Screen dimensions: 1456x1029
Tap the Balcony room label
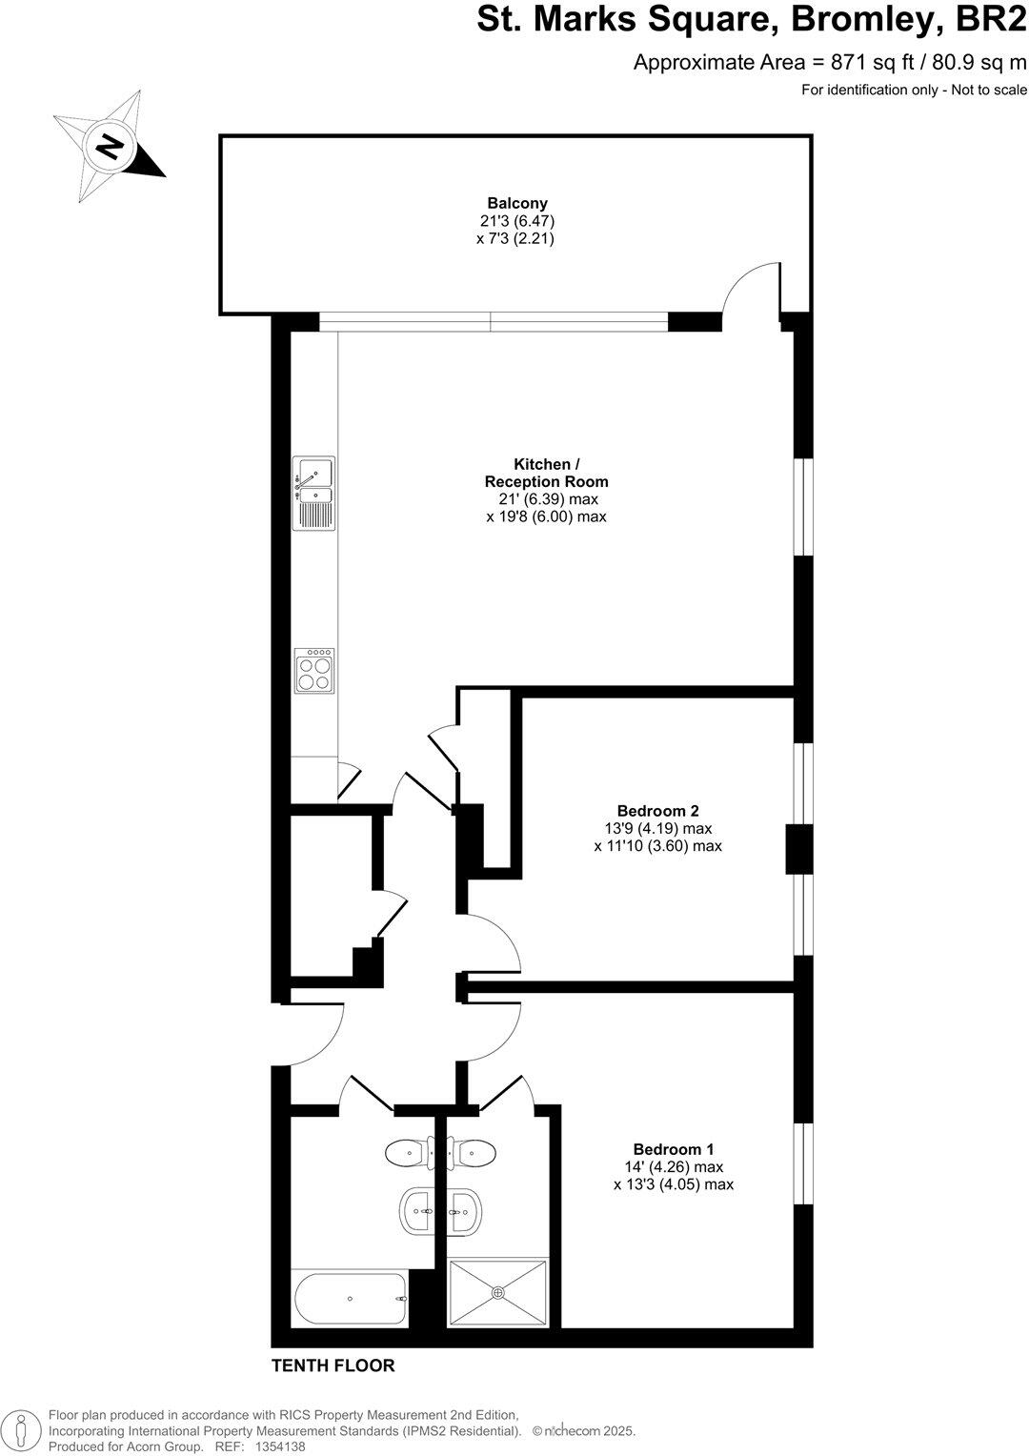coord(517,203)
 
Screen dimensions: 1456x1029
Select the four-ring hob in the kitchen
coord(314,670)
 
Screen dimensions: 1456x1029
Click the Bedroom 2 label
coord(657,811)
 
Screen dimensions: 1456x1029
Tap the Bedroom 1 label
coord(674,1149)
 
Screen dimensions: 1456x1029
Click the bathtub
coord(351,1299)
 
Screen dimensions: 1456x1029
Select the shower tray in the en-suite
coord(498,1292)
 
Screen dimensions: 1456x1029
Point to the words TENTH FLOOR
coord(333,1365)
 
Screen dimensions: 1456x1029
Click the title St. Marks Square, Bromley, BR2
coord(752,22)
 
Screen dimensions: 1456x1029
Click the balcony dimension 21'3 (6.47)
coord(517,221)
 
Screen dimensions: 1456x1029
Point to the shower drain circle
coord(497,1292)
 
